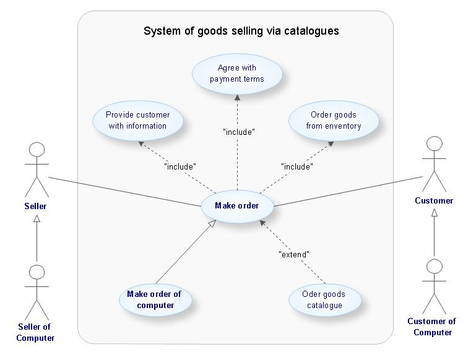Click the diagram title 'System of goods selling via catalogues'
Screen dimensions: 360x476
point(241,31)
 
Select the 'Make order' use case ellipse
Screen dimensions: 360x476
point(237,206)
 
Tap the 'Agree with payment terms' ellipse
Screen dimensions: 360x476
point(237,74)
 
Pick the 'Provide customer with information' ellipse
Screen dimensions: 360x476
point(137,121)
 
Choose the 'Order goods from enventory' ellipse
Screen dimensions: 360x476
point(333,121)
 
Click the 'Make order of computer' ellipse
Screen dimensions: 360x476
point(155,299)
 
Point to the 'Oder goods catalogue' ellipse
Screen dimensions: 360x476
point(324,299)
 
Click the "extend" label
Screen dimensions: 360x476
point(293,254)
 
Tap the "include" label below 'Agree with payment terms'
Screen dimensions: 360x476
point(238,131)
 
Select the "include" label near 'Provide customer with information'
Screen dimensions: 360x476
point(180,166)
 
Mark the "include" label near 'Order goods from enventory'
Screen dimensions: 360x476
point(296,166)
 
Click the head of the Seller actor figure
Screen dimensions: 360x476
point(37,150)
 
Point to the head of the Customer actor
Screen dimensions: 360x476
point(435,144)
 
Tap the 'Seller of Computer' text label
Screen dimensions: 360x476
point(35,332)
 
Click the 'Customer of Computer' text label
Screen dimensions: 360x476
point(432,327)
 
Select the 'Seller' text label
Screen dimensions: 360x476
point(35,206)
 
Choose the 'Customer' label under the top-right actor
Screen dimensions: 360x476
point(434,200)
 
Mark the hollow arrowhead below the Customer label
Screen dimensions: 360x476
point(435,213)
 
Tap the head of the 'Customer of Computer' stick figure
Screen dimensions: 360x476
point(435,267)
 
